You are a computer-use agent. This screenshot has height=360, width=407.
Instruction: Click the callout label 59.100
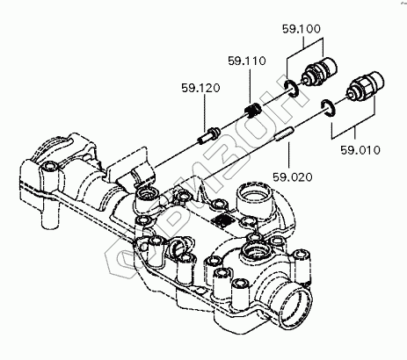point(302,29)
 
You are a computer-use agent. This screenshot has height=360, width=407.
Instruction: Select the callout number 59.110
point(247,61)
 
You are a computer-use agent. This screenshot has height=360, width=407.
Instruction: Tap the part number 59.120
point(200,88)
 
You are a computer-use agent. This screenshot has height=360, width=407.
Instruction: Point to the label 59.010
point(360,150)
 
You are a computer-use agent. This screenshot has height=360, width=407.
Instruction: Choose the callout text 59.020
point(293,177)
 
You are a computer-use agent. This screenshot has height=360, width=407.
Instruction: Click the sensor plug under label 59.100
point(319,70)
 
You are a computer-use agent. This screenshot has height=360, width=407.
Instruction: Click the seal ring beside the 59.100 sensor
point(292,88)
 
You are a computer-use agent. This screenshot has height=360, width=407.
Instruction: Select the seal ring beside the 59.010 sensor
point(328,108)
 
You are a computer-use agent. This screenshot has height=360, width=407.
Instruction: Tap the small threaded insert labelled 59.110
point(252,110)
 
